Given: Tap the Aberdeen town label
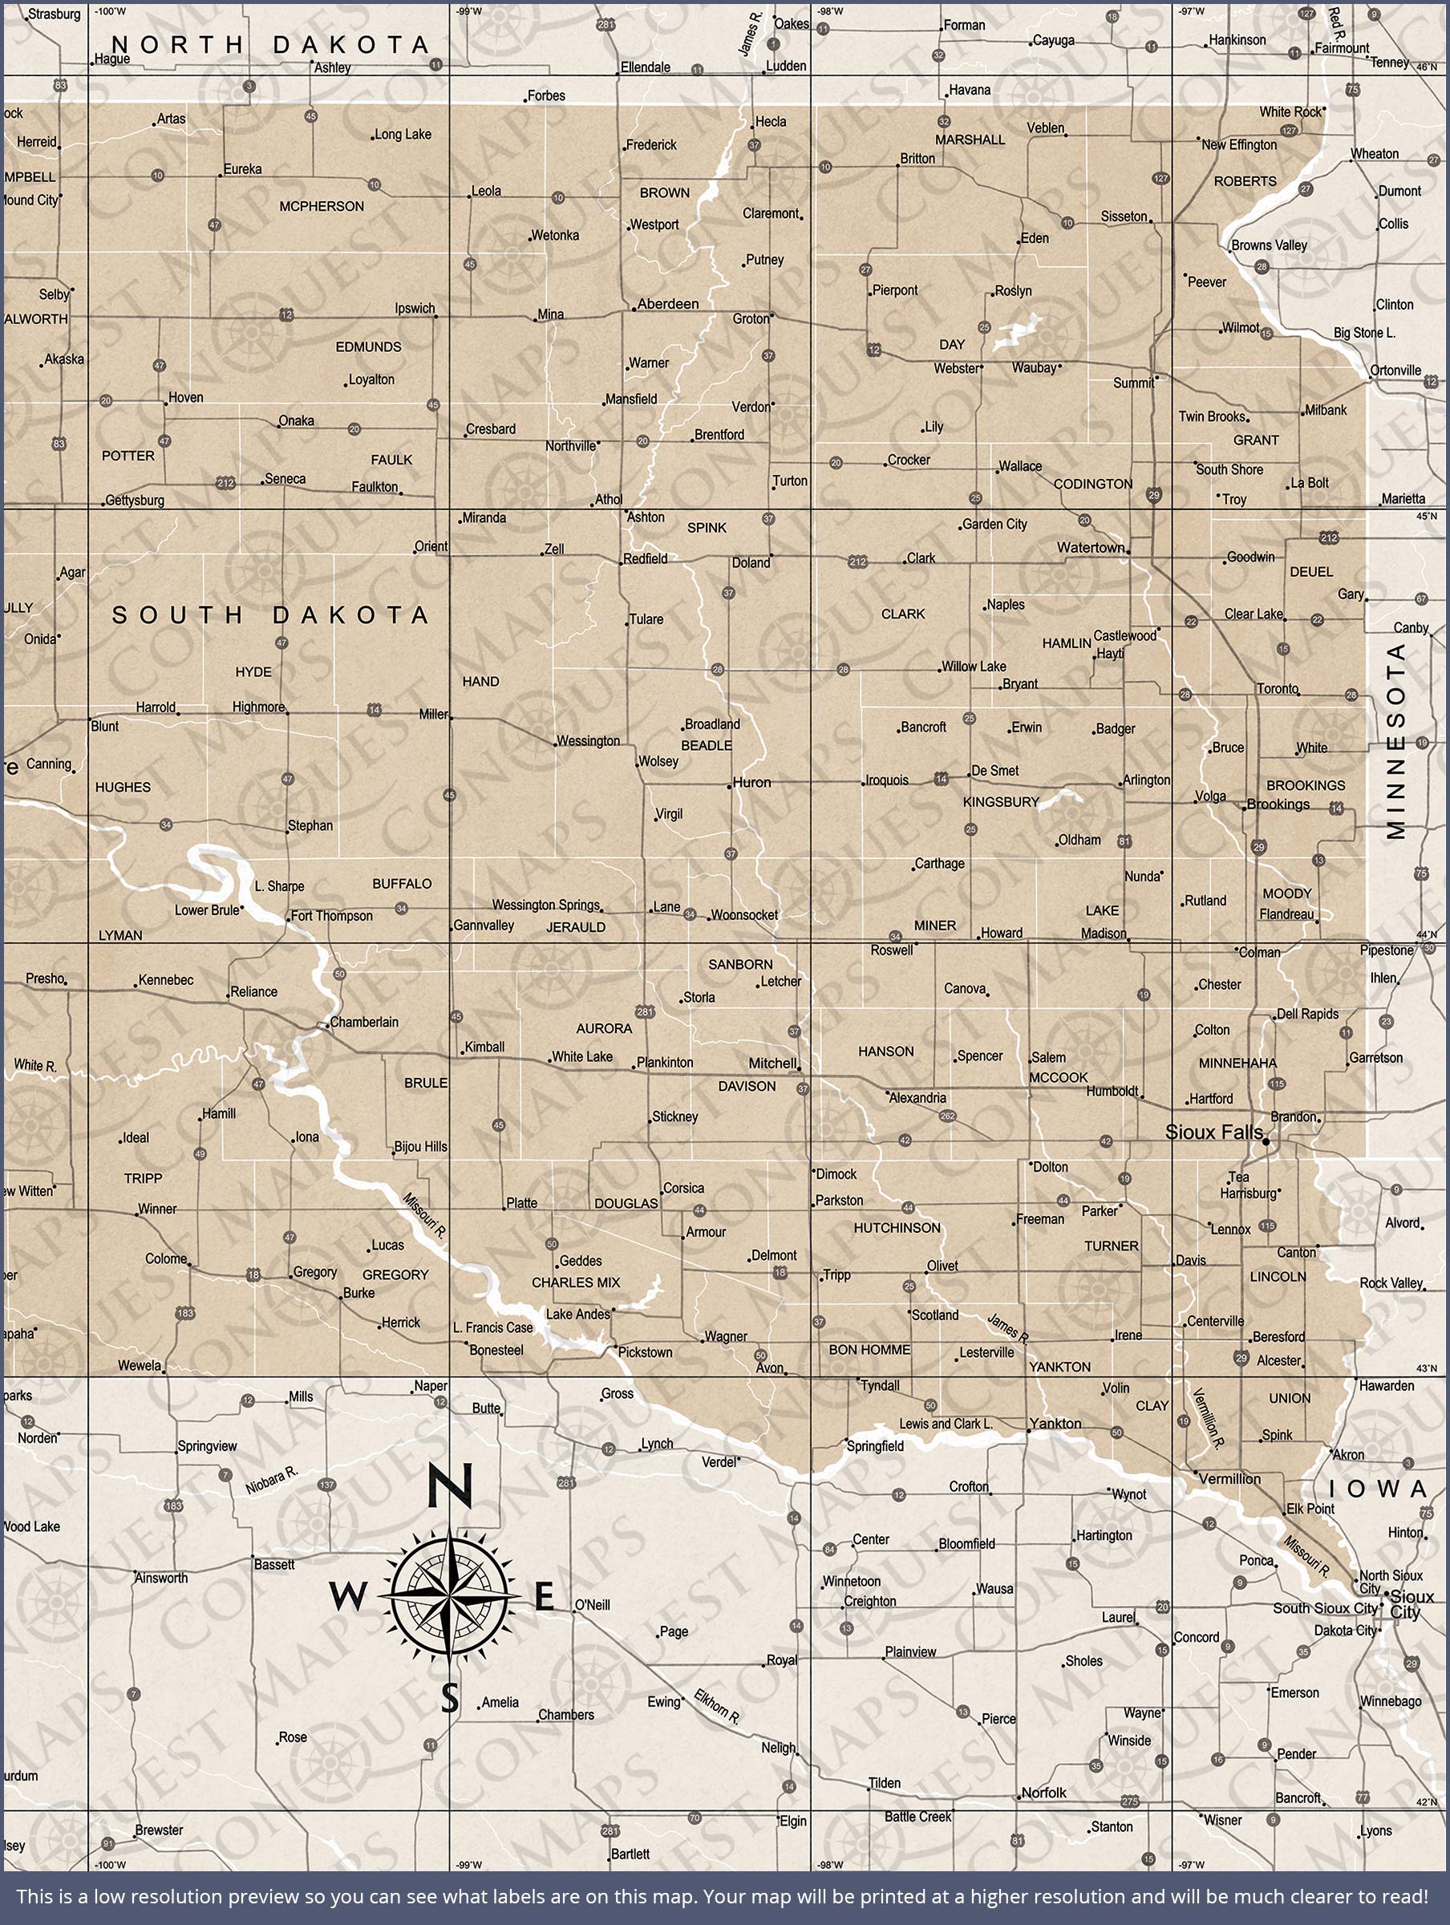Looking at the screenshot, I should point(667,304).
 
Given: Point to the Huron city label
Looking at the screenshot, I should point(751,782).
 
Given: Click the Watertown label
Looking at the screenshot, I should point(1091,547).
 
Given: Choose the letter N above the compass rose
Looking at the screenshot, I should point(450,1486).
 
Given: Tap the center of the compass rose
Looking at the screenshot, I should point(450,1596).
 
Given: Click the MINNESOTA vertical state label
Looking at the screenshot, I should point(1395,740).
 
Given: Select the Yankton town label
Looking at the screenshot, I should point(1055,1424).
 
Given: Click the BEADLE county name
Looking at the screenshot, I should point(706,746).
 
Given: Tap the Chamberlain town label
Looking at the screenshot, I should point(364,1022).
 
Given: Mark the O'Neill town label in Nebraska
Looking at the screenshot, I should point(592,1604).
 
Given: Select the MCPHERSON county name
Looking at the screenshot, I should point(321,206).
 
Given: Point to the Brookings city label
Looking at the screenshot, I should point(1278,804).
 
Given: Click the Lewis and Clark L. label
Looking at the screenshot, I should point(946,1424).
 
